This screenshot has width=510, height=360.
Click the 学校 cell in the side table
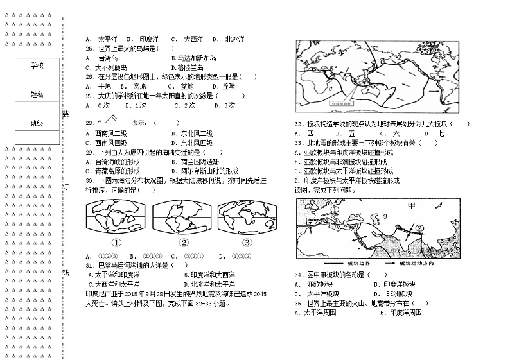pyautogui.click(x=37, y=65)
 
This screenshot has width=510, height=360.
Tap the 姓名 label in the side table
pyautogui.click(x=37, y=94)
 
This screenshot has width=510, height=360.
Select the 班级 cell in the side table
pyautogui.click(x=37, y=123)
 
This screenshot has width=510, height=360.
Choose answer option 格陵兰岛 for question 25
pyautogui.click(x=186, y=67)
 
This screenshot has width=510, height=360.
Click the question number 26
pyautogui.click(x=90, y=76)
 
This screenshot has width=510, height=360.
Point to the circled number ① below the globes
pyautogui.click(x=116, y=243)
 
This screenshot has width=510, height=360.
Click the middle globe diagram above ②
pyautogui.click(x=182, y=218)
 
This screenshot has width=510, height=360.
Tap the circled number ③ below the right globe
pyautogui.click(x=247, y=243)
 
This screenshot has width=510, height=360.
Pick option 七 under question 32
pyautogui.click(x=441, y=133)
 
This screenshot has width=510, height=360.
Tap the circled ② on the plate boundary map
pyautogui.click(x=419, y=227)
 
